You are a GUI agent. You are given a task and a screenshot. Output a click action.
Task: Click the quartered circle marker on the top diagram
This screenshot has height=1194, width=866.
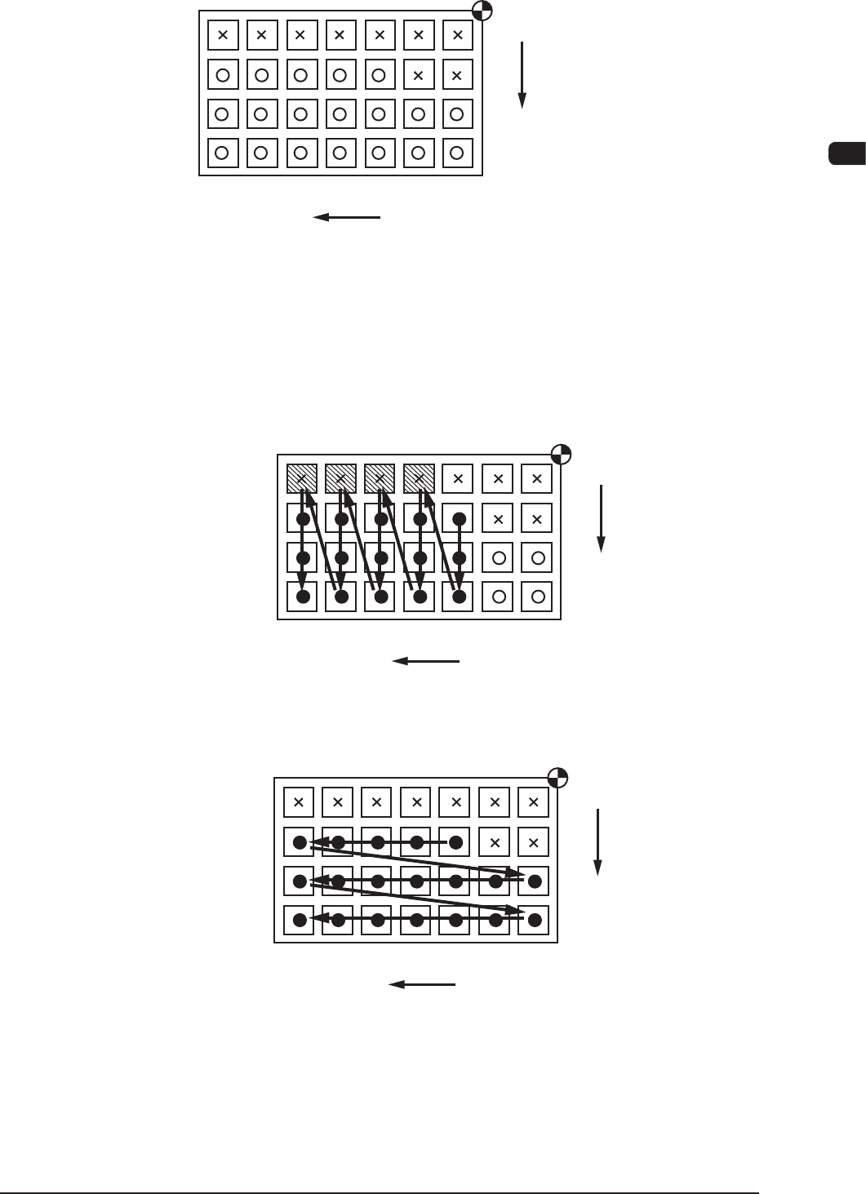coord(482,11)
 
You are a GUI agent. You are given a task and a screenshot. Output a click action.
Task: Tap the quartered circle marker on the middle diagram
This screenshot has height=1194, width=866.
coord(561,455)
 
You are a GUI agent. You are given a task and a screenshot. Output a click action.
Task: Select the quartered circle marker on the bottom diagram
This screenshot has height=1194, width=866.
coord(557,777)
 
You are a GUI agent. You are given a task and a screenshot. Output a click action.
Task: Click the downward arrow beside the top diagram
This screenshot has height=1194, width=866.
coord(522,74)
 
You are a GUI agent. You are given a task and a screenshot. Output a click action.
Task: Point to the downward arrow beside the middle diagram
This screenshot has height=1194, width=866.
coord(601,518)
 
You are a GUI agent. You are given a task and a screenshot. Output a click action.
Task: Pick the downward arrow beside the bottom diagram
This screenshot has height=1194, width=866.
coord(597,841)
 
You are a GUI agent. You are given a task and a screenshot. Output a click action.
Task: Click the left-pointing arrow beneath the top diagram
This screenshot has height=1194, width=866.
coord(347,217)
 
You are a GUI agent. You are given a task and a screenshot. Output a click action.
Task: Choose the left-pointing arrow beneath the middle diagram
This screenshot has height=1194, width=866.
coord(426,661)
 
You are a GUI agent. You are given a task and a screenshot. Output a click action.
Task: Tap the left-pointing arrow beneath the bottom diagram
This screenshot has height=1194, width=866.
coord(422,984)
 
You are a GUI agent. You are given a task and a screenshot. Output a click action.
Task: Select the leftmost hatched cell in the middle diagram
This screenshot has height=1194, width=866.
coord(302,478)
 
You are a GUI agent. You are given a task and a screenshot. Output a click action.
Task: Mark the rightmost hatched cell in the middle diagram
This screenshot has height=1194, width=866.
coord(420,478)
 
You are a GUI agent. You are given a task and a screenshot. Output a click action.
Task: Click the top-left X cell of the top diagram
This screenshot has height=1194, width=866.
coord(223,35)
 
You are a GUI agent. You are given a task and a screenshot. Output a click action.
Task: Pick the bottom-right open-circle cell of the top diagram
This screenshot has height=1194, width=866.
coord(457,153)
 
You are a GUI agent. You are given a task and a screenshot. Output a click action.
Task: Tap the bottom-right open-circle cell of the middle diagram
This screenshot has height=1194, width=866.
coord(537,597)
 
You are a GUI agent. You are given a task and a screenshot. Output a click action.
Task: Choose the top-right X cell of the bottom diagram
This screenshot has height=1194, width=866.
coord(534,802)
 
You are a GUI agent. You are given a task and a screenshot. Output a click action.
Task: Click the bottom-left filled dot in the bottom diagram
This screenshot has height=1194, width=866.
coord(300,920)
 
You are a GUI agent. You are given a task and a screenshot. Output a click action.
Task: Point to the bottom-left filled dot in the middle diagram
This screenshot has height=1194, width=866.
coord(303,597)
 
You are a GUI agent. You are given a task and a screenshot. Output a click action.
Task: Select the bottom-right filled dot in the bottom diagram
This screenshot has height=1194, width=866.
coord(535,920)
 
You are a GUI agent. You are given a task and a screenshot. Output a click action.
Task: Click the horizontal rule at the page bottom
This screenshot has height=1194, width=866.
coord(380,1192)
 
